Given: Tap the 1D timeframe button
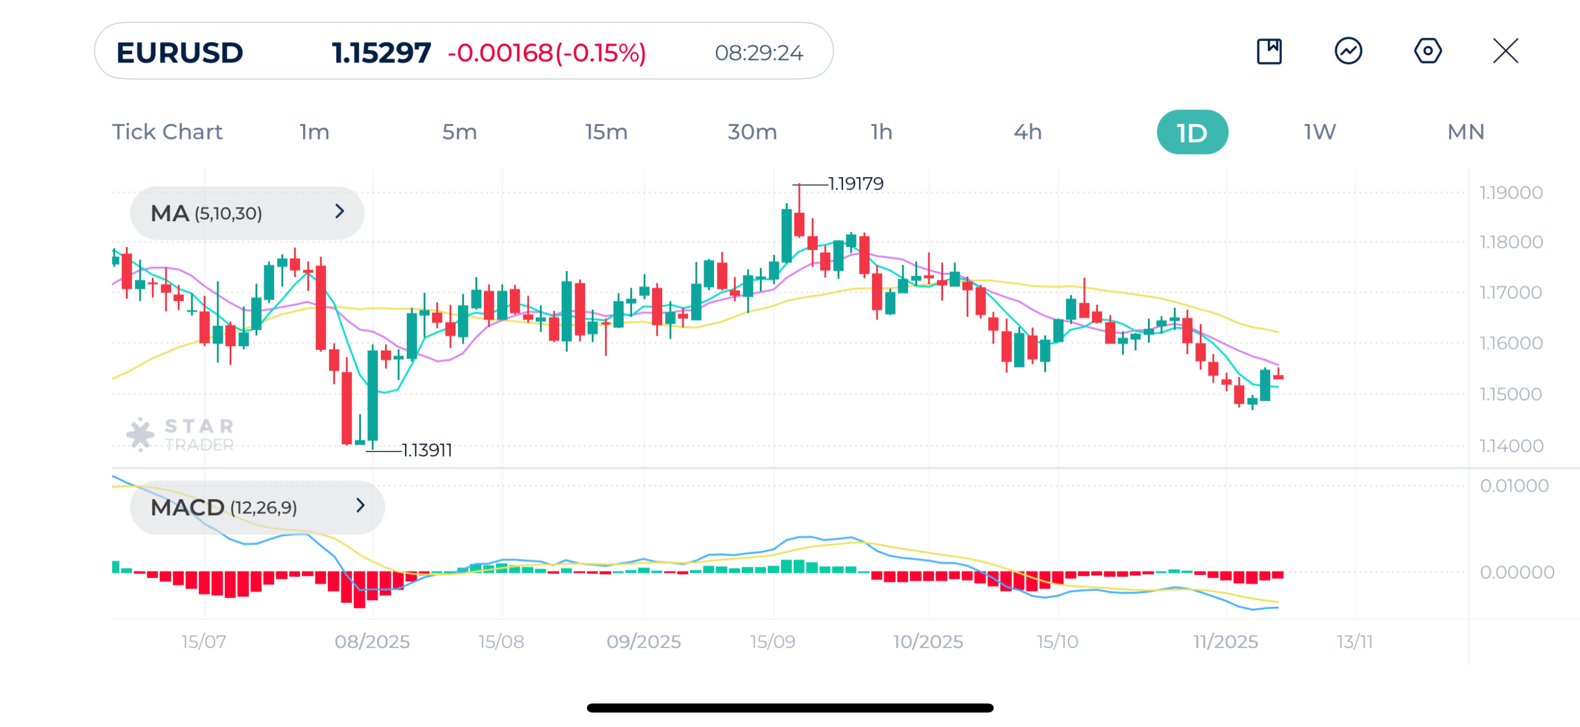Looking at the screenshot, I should (1191, 132).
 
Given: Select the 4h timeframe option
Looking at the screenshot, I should (1027, 132).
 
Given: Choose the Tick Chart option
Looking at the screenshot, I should (167, 132).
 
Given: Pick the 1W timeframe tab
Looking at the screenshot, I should (1320, 132).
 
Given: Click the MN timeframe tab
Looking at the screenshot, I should (1465, 132).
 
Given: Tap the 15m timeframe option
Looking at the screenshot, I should (606, 132).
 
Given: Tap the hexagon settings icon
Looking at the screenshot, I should (1427, 51).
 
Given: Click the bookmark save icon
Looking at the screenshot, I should (1269, 51).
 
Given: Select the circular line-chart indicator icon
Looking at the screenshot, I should (1348, 51).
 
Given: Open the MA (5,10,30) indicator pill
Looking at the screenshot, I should (247, 213).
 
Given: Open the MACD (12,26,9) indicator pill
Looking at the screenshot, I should (257, 507).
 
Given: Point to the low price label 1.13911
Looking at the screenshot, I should (426, 450).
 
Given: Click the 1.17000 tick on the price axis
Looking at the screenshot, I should (1510, 292).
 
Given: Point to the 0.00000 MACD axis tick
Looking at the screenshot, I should (1516, 572).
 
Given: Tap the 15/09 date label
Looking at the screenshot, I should (772, 641).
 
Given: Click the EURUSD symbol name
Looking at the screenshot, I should (180, 53).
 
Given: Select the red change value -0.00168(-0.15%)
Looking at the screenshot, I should (546, 53).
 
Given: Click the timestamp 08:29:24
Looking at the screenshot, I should (759, 53).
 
